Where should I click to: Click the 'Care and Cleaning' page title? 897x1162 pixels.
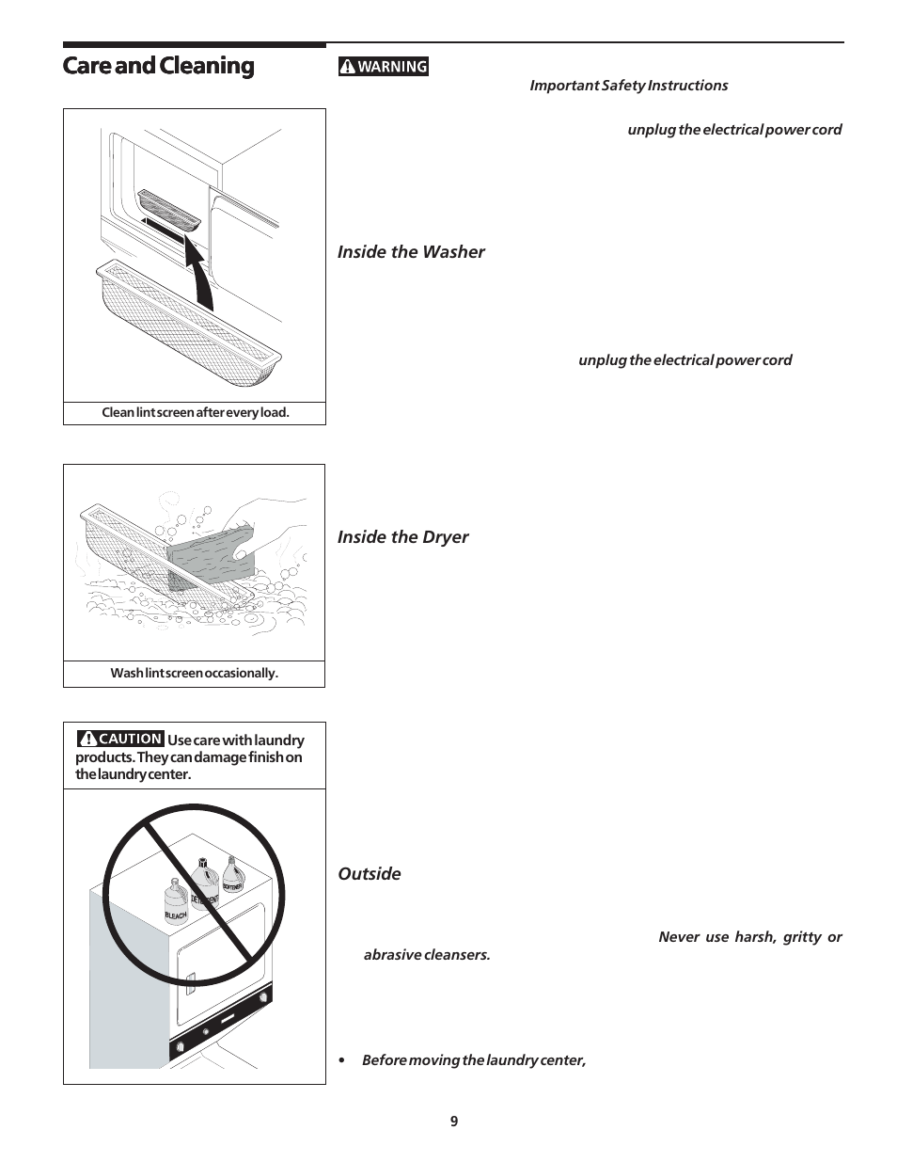158,66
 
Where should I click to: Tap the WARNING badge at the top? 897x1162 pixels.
384,66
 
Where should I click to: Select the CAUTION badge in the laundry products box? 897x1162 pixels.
120,740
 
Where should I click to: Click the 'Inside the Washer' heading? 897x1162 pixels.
411,251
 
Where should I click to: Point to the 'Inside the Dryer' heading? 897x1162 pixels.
402,536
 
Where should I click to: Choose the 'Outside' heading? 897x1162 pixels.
369,873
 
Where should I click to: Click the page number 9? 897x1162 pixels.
454,1121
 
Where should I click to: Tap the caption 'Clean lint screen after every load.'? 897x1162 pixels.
195,412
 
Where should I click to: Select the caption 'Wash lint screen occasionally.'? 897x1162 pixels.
194,673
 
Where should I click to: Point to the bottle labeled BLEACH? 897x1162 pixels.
176,900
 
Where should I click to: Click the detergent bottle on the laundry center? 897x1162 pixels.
203,883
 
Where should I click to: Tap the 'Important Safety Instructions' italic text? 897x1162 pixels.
628,86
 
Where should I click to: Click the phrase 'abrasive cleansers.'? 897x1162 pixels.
427,954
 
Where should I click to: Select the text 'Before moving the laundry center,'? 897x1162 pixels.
474,1060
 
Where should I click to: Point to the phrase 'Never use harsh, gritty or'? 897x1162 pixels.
749,937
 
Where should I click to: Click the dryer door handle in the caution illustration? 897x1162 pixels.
189,985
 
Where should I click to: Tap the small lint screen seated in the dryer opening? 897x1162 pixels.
169,209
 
